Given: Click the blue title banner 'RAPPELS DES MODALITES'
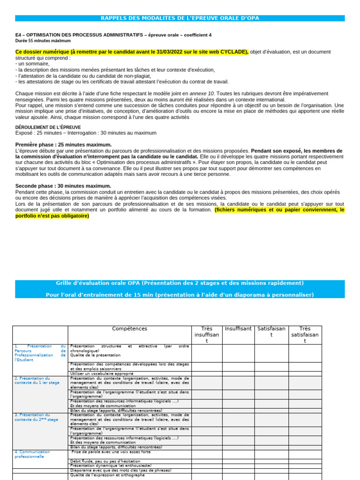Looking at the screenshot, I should tap(180, 18).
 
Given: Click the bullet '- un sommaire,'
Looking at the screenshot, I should tap(32, 64).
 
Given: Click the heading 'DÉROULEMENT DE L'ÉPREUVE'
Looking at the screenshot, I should tap(48, 127).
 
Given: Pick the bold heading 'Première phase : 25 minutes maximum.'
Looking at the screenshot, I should tap(63, 145).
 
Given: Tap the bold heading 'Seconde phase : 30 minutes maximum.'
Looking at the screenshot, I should tap(63, 186).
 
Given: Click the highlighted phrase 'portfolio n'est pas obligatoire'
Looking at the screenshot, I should tap(52, 216).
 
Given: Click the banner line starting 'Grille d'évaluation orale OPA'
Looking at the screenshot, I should tap(180, 283).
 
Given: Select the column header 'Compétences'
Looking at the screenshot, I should tap(129, 329).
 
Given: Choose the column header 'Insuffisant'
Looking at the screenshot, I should tap(238, 329).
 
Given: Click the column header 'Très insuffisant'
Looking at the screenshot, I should tap(207, 335).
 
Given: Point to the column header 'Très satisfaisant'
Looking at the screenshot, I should tap(305, 335).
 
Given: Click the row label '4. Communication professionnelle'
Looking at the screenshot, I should tap(35, 454).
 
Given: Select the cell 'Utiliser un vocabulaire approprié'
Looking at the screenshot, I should tap(102, 374).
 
